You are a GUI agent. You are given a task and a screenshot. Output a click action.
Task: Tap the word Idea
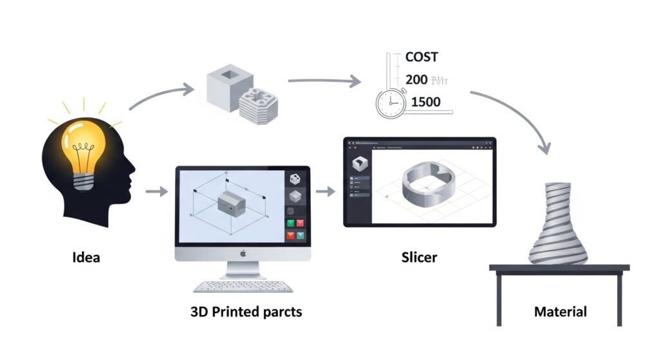click(x=86, y=258)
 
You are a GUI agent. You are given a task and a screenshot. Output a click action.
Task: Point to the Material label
click(x=561, y=312)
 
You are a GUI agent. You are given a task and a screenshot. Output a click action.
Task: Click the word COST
click(x=422, y=57)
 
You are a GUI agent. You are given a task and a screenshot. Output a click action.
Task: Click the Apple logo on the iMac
click(x=243, y=253)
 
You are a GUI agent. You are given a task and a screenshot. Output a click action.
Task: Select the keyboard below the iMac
click(x=243, y=285)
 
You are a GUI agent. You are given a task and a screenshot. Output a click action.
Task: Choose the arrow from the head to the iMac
click(x=157, y=191)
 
